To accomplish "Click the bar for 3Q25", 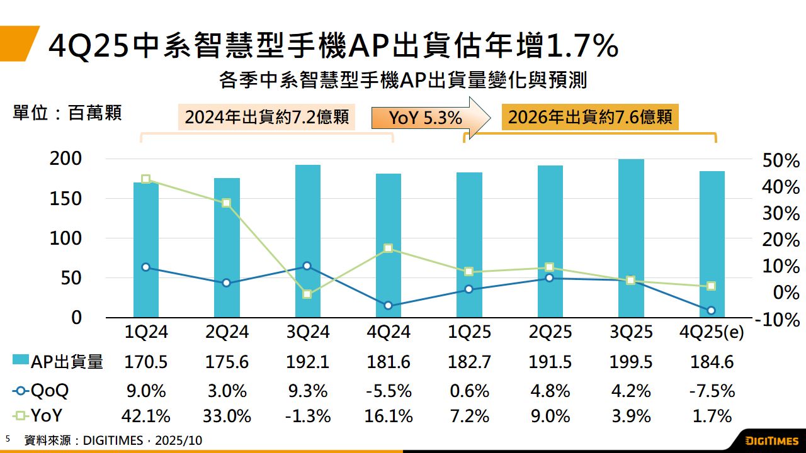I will pos(631,239).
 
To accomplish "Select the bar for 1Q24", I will pos(146,252).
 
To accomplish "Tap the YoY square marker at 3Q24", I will pos(307,294).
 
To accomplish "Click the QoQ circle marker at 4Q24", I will pos(388,306).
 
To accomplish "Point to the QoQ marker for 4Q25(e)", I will pos(712,310).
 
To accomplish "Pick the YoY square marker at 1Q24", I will pos(146,179).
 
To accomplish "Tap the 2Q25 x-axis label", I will pos(550,332).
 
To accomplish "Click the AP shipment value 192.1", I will pos(307,362).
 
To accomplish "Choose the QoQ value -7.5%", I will pos(712,391).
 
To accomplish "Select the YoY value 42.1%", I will pos(146,416).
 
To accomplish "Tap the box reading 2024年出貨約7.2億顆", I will pos(266,118).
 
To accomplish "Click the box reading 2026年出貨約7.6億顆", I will pos(589,117).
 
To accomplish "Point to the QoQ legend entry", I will pos(42,391).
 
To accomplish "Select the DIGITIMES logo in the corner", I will pos(771,440).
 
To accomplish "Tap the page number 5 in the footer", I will pos(8,439).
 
